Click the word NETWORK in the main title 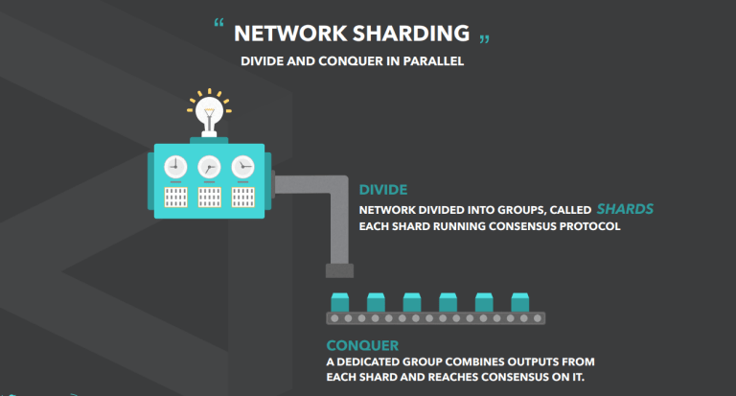(x=290, y=34)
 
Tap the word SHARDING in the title (x=411, y=34)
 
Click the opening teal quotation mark (x=218, y=23)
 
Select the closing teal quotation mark (x=484, y=39)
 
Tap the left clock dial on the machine (x=175, y=166)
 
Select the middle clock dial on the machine (x=209, y=166)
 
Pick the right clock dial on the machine (x=243, y=166)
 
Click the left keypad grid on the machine (x=175, y=198)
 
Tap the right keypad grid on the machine (x=243, y=198)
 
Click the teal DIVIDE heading (x=383, y=190)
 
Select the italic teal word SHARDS (x=625, y=209)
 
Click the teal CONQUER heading (x=362, y=346)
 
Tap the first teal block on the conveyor (x=340, y=303)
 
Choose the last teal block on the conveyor (x=520, y=303)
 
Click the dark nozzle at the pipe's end (x=340, y=270)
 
